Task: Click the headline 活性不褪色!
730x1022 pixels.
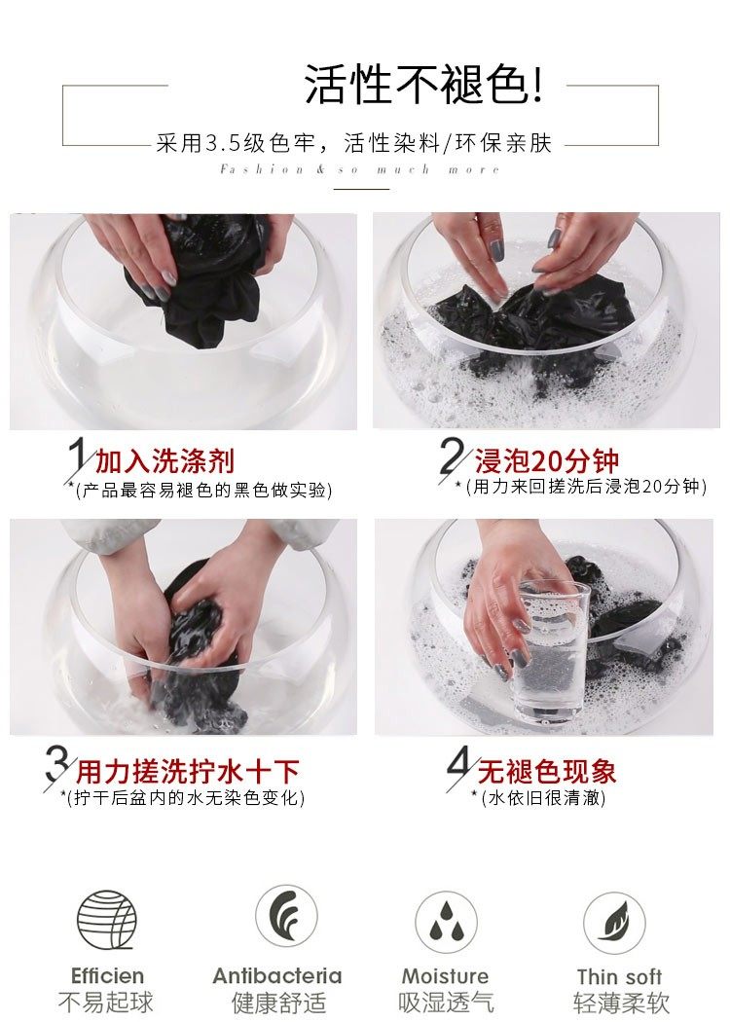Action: click(x=423, y=85)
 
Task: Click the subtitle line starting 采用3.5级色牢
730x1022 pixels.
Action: click(x=354, y=143)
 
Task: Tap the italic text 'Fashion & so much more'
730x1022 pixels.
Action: click(x=360, y=170)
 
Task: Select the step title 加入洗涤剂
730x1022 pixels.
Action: click(x=164, y=460)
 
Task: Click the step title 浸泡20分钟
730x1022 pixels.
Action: click(x=546, y=460)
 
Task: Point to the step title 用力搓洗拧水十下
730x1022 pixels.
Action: click(x=189, y=772)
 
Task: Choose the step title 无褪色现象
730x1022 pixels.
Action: click(x=547, y=772)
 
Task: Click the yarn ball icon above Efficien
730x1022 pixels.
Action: click(x=107, y=920)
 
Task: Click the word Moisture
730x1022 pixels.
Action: click(x=445, y=975)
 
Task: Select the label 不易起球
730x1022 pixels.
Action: click(x=105, y=1002)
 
